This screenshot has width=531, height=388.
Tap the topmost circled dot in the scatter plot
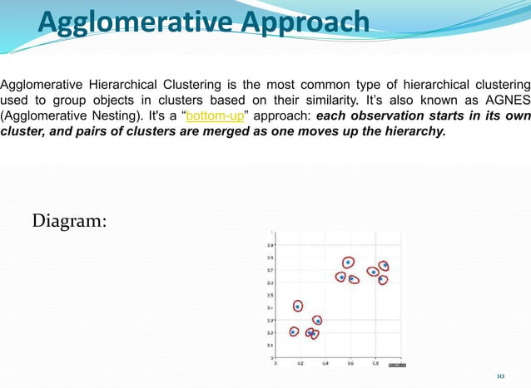click(x=348, y=263)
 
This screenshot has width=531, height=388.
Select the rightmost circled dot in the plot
click(x=385, y=267)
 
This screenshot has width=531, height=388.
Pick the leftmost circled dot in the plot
click(x=294, y=332)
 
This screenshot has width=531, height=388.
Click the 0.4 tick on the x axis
click(x=325, y=363)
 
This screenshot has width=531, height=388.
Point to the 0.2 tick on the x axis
click(x=300, y=363)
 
